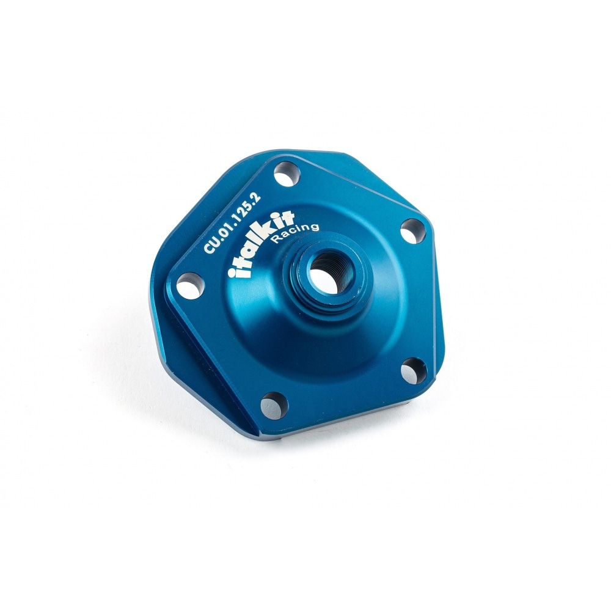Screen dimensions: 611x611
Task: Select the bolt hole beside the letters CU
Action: (x=190, y=285)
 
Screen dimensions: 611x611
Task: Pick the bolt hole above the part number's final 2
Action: (x=287, y=175)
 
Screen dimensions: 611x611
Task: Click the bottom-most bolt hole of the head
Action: (x=274, y=406)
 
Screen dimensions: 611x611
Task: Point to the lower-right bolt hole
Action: (x=414, y=370)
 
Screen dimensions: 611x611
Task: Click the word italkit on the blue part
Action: (x=262, y=244)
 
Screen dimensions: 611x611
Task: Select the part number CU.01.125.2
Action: (x=232, y=222)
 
